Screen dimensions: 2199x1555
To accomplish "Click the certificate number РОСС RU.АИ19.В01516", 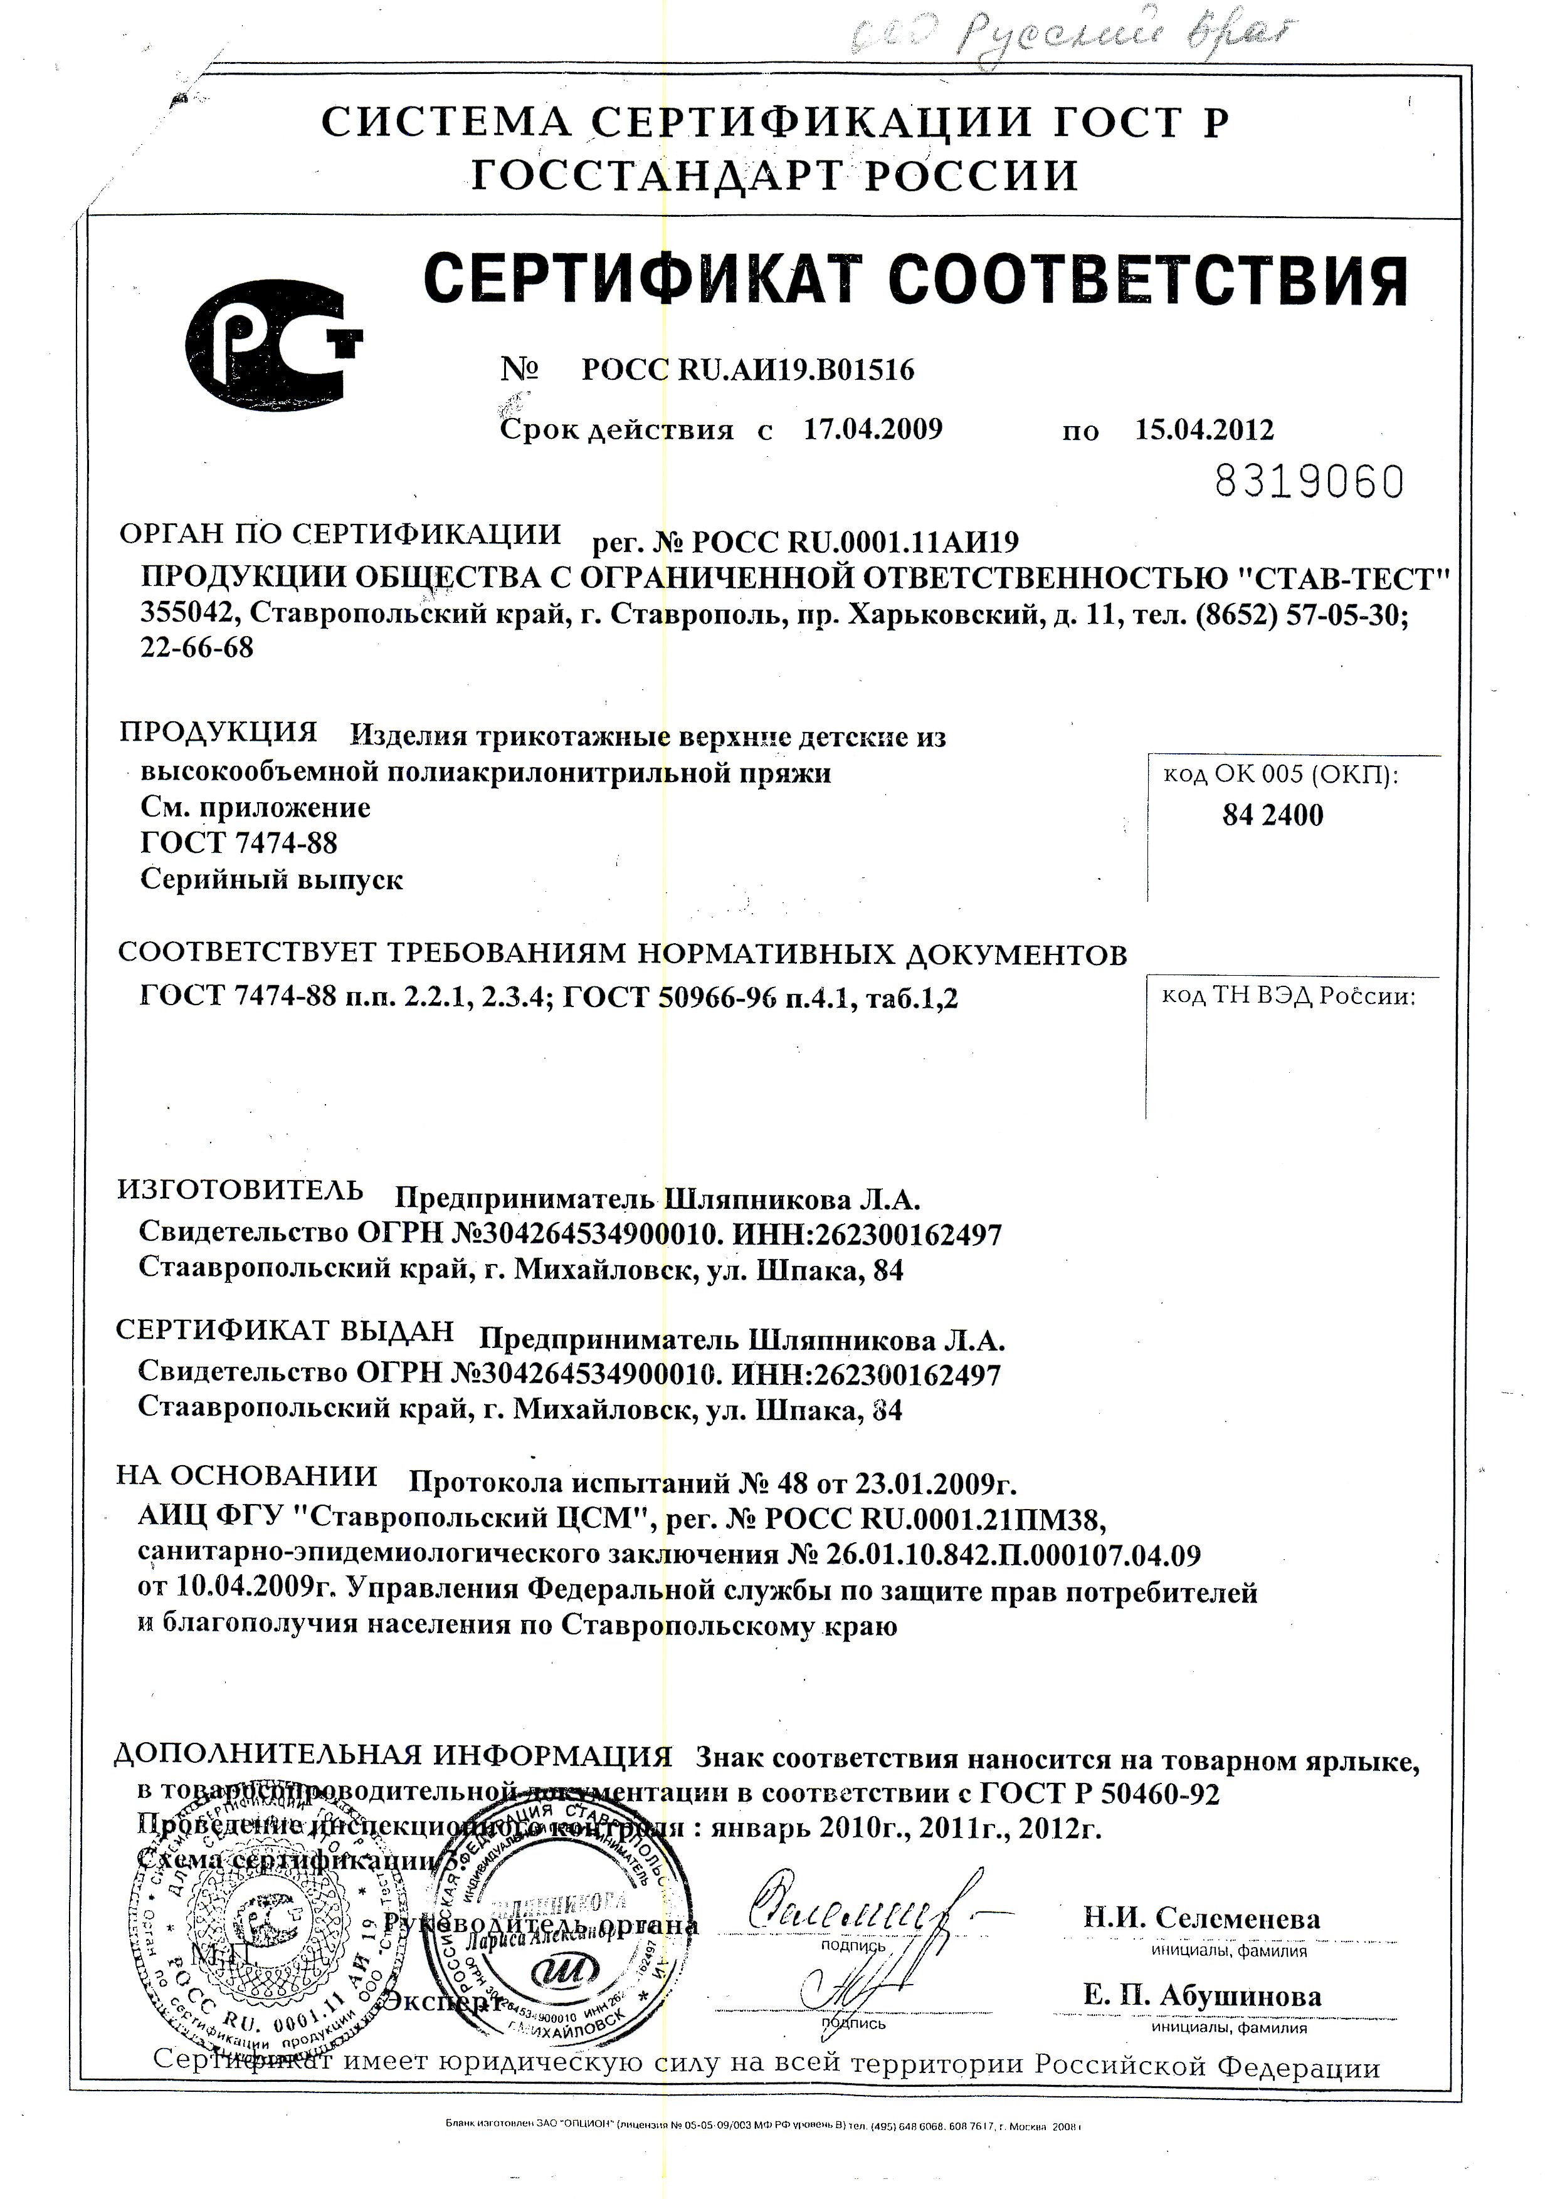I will pos(747,370).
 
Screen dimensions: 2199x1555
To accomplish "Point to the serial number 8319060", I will pos(1309,482).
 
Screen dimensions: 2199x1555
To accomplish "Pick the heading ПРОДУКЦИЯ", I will pos(218,732).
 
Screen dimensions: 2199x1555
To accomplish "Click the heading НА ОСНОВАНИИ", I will pos(247,1475).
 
